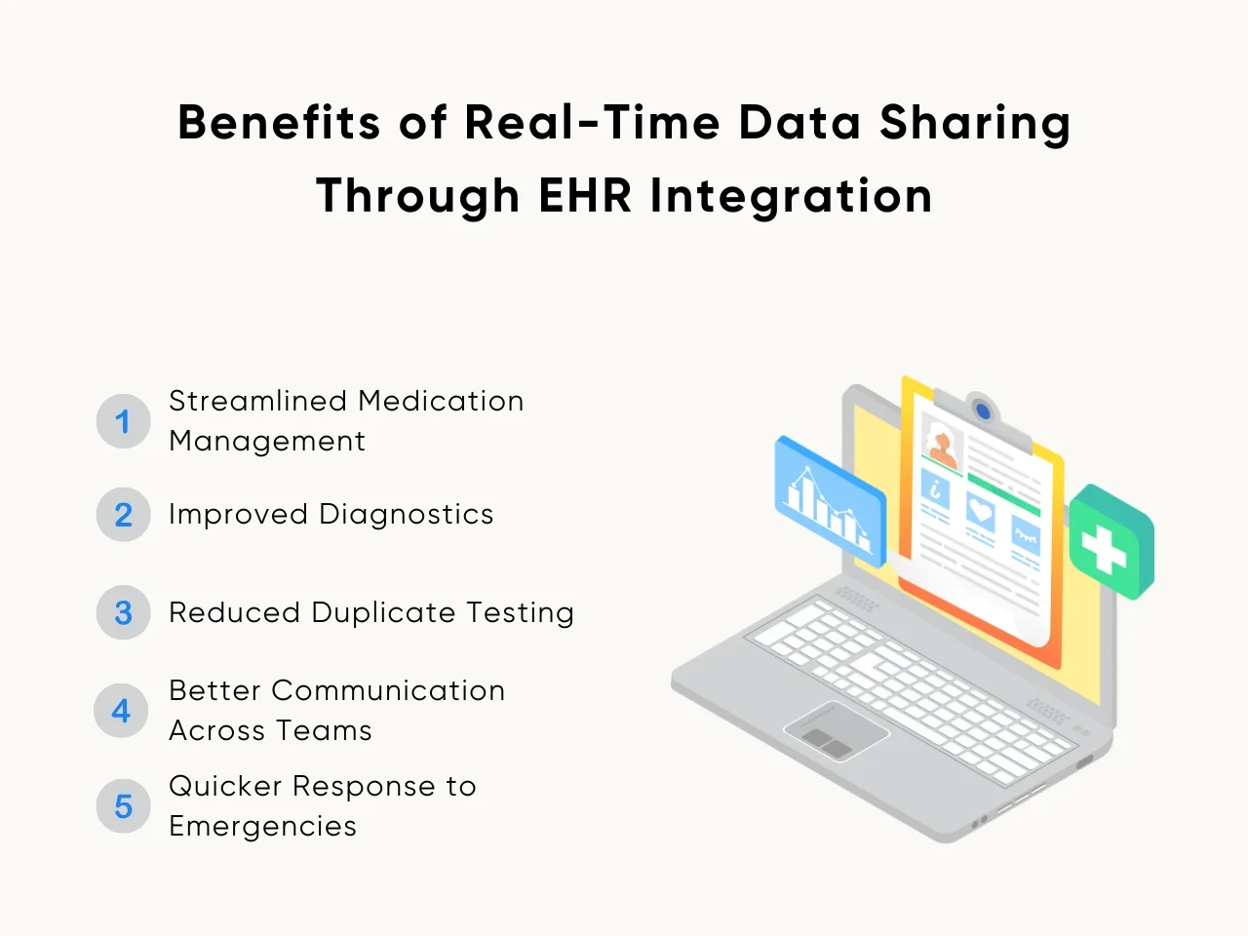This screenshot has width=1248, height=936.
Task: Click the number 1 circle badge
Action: point(124,421)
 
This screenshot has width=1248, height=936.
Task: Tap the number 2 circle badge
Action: point(124,515)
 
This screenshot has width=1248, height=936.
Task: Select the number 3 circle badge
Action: point(124,612)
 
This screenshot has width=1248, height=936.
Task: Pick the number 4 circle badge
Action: point(121,711)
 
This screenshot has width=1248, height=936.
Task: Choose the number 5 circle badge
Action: point(124,806)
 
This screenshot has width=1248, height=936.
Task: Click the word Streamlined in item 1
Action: point(258,401)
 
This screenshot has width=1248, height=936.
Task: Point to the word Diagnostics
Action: point(406,515)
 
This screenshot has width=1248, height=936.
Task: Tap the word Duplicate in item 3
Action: point(383,613)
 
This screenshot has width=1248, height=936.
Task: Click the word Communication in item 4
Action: point(388,691)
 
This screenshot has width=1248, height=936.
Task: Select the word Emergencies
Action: point(262,827)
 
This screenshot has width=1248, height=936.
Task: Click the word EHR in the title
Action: point(585,196)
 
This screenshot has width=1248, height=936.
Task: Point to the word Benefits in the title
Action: point(279,122)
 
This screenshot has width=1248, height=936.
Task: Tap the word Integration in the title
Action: point(791,197)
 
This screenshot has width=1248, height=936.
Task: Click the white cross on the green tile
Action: point(1104,549)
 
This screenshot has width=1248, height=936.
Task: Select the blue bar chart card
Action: point(830,502)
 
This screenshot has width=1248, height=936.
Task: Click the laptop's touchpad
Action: point(837,731)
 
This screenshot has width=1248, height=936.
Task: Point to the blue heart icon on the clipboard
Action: point(980,512)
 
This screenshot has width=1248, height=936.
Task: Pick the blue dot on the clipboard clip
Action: point(983,410)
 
